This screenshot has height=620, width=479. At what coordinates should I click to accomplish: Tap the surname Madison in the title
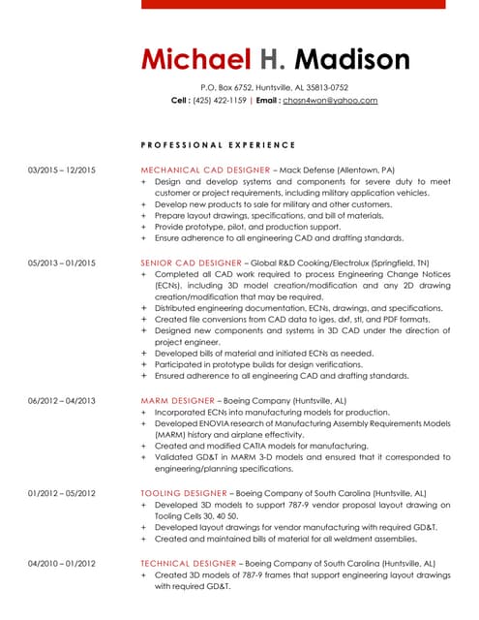[351, 60]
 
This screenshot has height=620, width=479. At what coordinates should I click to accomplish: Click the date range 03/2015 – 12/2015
[62, 170]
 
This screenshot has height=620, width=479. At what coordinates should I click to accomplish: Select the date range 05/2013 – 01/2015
[62, 263]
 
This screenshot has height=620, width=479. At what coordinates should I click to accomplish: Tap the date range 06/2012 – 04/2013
[62, 400]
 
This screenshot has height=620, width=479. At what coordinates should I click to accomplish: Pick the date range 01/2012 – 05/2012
[62, 493]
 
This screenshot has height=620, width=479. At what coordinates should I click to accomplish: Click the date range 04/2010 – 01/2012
[62, 563]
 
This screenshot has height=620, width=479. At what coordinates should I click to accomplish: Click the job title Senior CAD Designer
[191, 263]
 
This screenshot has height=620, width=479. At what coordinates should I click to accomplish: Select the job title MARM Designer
[178, 400]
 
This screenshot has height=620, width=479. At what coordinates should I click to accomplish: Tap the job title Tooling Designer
[183, 493]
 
